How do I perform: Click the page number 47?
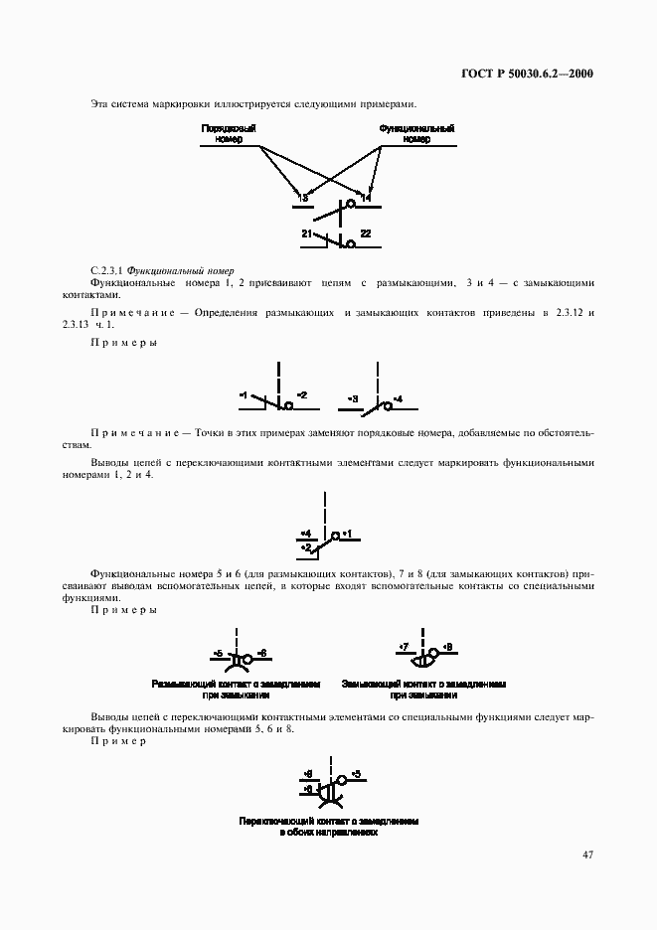pyautogui.click(x=587, y=854)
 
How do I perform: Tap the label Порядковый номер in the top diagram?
pyautogui.click(x=230, y=134)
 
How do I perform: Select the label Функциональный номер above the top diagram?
pyautogui.click(x=417, y=134)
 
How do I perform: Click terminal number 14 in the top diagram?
pyautogui.click(x=366, y=199)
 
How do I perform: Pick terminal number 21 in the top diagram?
pyautogui.click(x=307, y=233)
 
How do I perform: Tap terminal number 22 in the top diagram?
pyautogui.click(x=365, y=233)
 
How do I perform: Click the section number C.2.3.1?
pyautogui.click(x=110, y=269)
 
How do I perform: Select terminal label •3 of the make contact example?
pyautogui.click(x=352, y=398)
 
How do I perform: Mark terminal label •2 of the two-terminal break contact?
pyautogui.click(x=302, y=395)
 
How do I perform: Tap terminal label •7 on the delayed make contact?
pyautogui.click(x=403, y=647)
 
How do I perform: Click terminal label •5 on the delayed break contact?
pyautogui.click(x=218, y=652)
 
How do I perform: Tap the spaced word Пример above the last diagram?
pyautogui.click(x=117, y=741)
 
